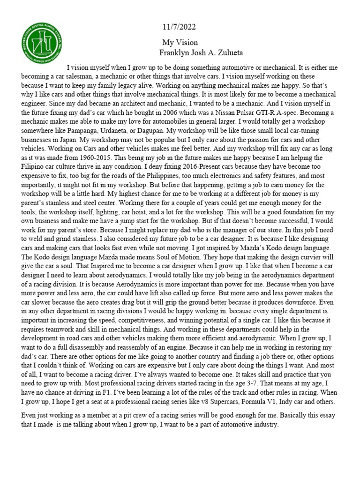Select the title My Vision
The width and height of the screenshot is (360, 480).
(180, 42)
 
